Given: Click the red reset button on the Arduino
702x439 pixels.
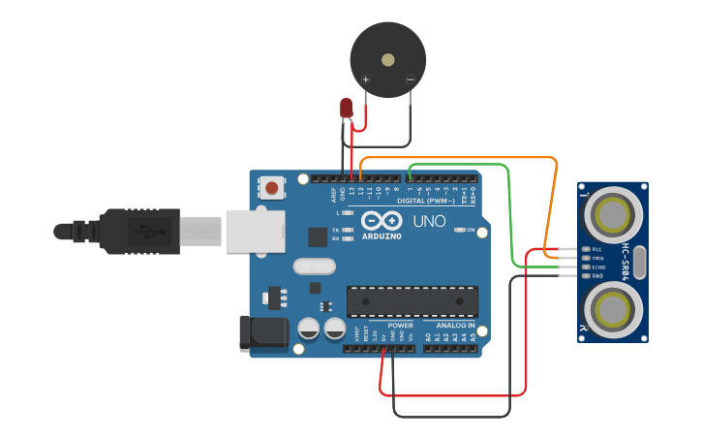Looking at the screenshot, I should click(273, 187).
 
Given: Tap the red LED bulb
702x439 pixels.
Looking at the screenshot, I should click(347, 108).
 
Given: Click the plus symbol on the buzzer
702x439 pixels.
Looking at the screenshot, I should click(365, 79).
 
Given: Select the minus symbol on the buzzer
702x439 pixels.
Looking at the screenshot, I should click(410, 79).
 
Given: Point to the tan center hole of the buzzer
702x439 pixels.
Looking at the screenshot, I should click(388, 60).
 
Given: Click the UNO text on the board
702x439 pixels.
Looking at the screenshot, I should click(429, 221).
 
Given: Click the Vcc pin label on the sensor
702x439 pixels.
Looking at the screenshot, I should click(597, 249).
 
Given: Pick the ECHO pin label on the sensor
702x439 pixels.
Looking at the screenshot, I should click(598, 267).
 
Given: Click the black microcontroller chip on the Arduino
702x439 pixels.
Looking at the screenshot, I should click(412, 301).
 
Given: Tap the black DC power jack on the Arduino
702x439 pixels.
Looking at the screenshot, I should click(262, 332).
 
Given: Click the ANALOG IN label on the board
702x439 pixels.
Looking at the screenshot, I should click(454, 326).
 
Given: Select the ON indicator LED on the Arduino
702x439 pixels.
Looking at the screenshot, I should click(459, 230).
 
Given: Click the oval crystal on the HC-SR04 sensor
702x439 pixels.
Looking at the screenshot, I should click(640, 262).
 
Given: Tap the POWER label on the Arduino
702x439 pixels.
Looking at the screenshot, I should click(400, 326).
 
